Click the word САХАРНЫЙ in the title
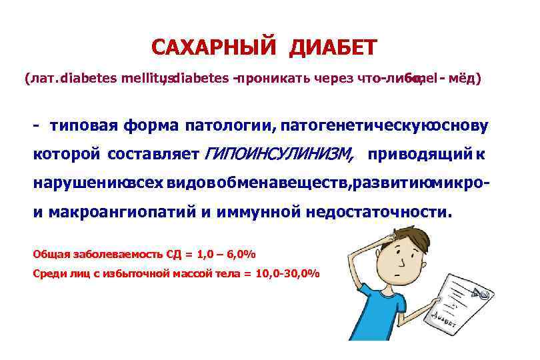click(213, 48)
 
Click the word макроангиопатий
click(123, 213)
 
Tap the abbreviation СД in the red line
click(166, 254)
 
